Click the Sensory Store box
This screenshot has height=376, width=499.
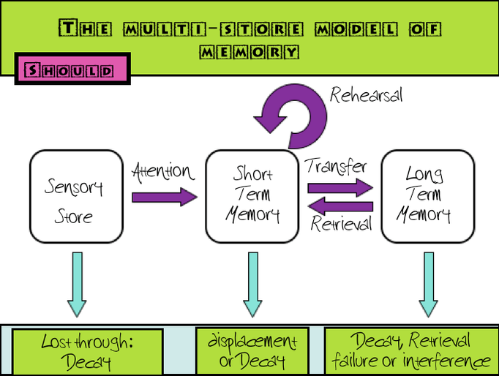74,196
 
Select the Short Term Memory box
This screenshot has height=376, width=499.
252,196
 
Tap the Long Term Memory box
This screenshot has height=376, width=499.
428,196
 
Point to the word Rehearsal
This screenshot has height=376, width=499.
366,95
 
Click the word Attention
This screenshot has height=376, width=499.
163,173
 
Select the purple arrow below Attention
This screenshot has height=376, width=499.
165,197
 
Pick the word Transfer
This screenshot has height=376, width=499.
336,166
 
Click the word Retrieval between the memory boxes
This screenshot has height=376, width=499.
341,222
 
